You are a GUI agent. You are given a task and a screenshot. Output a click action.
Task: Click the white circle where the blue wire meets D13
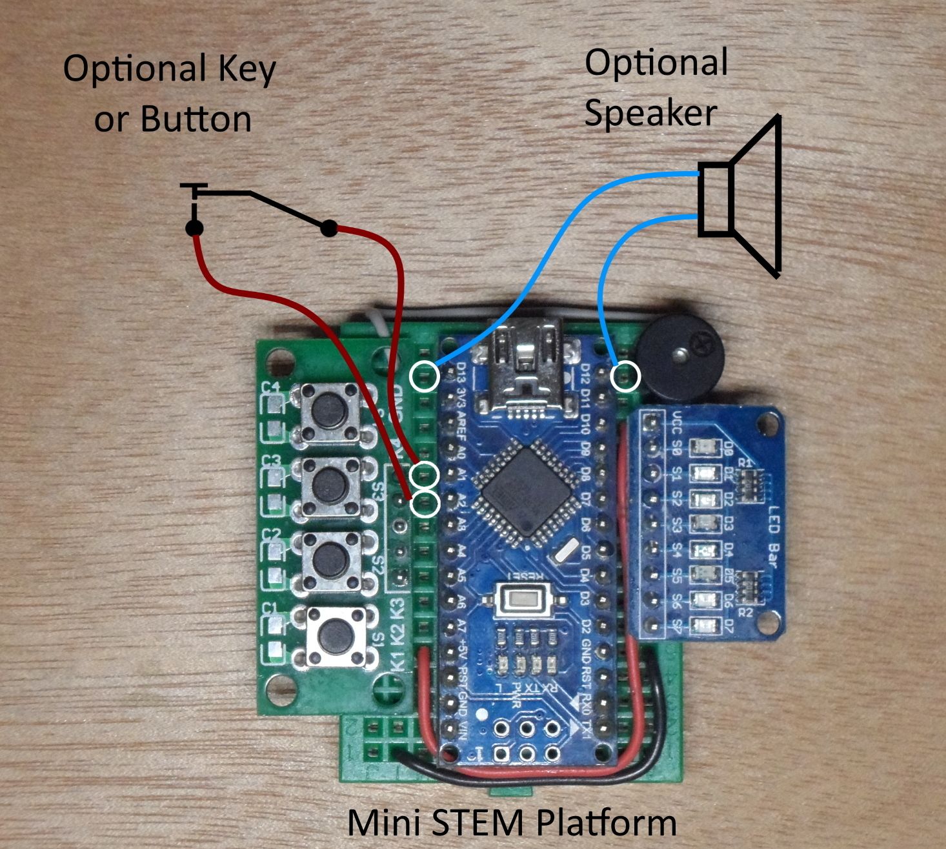tap(425, 376)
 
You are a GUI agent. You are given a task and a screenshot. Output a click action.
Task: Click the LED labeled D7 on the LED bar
tap(702, 625)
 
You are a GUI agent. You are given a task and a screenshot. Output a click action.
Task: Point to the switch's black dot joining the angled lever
tap(328, 228)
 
